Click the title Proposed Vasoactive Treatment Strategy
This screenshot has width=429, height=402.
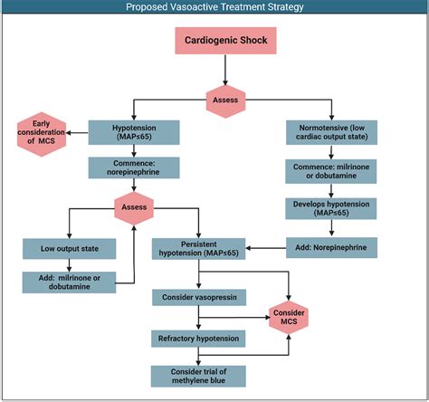click(x=214, y=7)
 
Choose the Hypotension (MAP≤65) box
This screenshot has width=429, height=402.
click(x=134, y=132)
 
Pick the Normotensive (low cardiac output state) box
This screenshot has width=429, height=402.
click(x=330, y=132)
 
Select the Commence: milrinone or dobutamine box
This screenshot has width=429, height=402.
click(x=330, y=172)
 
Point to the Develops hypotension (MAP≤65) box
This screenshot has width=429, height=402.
click(x=330, y=209)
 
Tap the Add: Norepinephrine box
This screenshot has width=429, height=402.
click(x=330, y=246)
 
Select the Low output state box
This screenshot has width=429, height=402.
click(x=69, y=247)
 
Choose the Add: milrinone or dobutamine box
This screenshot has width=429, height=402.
click(x=69, y=281)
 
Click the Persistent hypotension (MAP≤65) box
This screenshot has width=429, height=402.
click(x=198, y=247)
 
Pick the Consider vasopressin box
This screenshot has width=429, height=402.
click(x=198, y=297)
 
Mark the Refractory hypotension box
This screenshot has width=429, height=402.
click(x=198, y=338)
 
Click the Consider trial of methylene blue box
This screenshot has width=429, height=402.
click(x=198, y=376)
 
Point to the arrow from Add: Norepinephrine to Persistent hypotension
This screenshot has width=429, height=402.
click(x=265, y=246)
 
